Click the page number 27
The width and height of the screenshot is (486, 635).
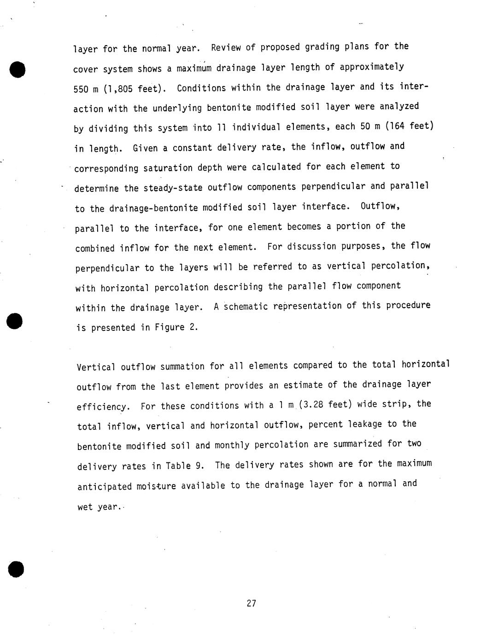251,603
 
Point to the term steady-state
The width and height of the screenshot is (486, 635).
178,188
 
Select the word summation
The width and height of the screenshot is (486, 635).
182,367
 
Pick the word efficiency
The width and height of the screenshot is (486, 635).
101,407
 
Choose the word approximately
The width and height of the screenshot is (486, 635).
372,67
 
